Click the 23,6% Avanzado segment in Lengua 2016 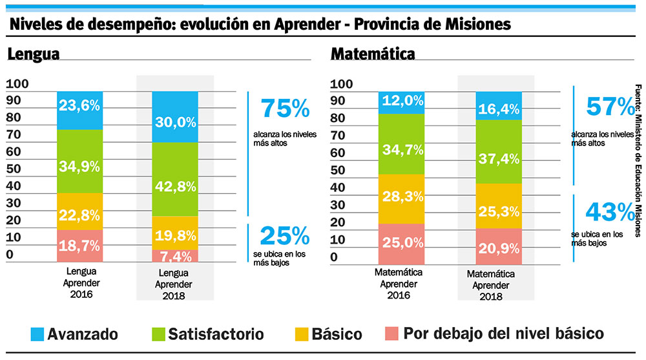79,105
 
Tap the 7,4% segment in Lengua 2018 175,256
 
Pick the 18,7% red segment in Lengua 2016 79,246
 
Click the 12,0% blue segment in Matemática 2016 402,102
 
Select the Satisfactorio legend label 216,334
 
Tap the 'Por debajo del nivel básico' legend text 504,334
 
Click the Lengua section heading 34,54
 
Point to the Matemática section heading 373,54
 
